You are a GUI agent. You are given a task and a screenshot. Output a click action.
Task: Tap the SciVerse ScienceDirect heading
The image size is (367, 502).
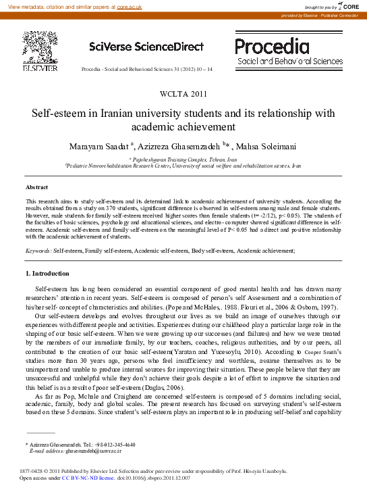(146, 47)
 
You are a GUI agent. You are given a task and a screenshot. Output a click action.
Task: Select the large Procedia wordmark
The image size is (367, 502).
(271, 46)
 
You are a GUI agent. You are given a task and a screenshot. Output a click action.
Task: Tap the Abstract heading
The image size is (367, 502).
(36, 186)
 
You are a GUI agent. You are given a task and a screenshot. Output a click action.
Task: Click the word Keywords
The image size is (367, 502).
(38, 250)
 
